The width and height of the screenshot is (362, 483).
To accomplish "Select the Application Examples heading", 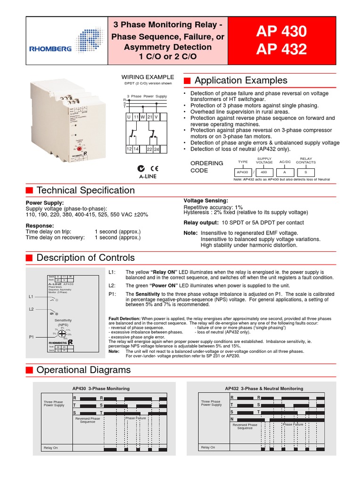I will tap(240, 80).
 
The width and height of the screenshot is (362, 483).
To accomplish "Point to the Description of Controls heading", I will tap(85, 258).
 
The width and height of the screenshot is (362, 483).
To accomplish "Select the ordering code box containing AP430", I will tap(242, 173).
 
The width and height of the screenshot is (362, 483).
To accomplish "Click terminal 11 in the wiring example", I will tap(136, 116).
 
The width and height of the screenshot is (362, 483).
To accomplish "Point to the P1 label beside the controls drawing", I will tap(31, 337).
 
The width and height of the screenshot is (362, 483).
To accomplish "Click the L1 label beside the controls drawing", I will tap(31, 296).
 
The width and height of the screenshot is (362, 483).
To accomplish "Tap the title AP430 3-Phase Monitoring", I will tap(101, 388).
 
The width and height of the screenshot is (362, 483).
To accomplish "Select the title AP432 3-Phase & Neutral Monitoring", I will tap(264, 388).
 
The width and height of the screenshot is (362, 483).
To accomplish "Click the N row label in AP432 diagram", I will tap(231, 419).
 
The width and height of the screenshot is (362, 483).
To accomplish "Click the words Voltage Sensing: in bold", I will tap(206, 200).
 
